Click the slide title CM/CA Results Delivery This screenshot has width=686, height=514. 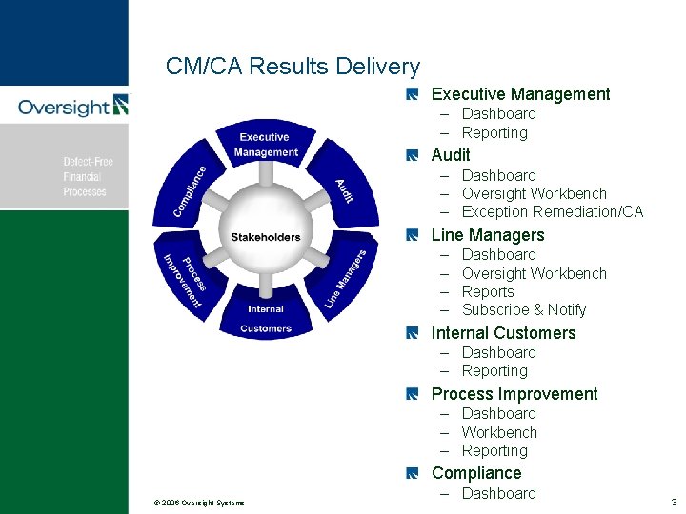[x=293, y=67]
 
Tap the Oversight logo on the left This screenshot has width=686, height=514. [x=72, y=106]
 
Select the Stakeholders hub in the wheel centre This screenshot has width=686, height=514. [x=265, y=237]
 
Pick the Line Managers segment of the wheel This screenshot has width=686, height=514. [x=342, y=278]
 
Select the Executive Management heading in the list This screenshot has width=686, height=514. [x=520, y=94]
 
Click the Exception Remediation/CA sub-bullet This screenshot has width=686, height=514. [x=553, y=212]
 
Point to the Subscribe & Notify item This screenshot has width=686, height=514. [x=524, y=310]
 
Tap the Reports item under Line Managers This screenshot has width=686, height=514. [x=488, y=292]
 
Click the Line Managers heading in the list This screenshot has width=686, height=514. [x=488, y=235]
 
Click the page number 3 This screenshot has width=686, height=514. [x=673, y=502]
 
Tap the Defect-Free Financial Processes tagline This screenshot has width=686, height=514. [x=88, y=177]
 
